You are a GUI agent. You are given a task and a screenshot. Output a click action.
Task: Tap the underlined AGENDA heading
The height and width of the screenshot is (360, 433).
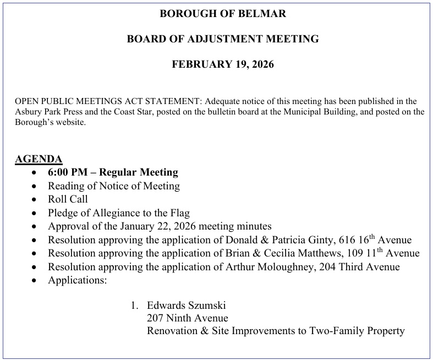tap(39, 160)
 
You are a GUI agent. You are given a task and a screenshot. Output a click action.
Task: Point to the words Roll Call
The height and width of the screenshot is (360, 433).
tap(68, 199)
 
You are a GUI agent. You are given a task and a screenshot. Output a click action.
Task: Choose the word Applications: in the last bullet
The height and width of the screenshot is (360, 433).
tap(77, 280)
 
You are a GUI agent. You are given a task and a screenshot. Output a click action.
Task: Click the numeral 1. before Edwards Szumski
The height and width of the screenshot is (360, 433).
tap(134, 306)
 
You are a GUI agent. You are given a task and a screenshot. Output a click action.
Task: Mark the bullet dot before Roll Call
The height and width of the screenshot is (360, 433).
tap(35, 200)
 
